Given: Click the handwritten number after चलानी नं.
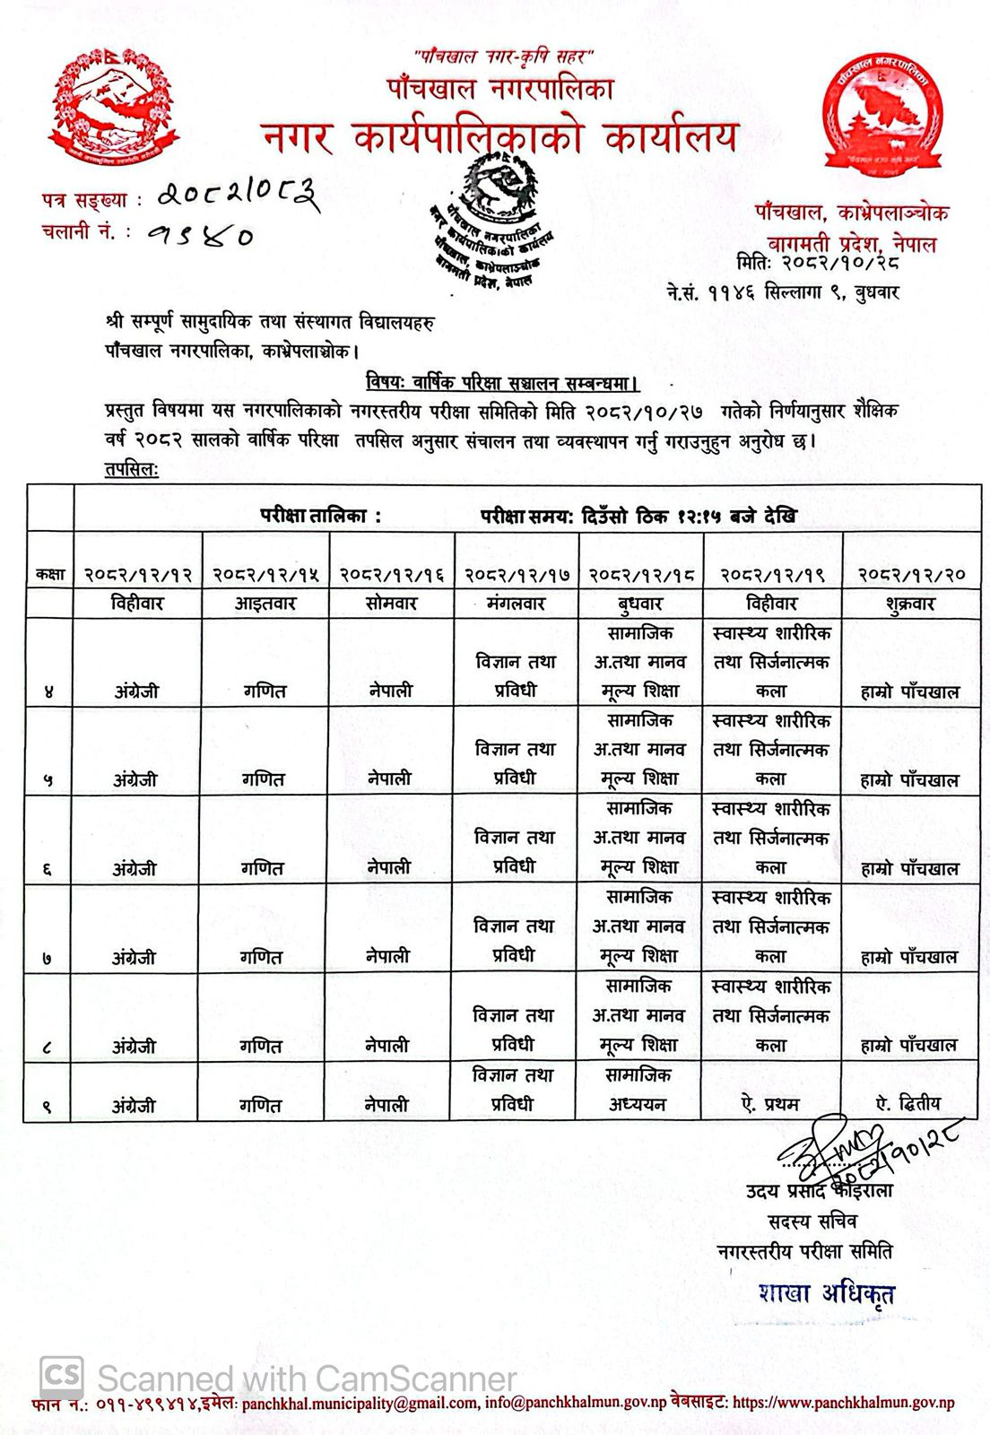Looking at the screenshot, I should coord(201,236).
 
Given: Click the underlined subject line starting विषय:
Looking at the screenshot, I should coord(502,384).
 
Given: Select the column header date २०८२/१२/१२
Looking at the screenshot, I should coord(138,574).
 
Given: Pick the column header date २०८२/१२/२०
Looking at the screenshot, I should coord(910,574).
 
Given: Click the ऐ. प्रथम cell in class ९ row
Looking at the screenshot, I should coord(770,1104).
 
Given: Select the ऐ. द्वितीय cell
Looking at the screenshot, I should coord(908,1104).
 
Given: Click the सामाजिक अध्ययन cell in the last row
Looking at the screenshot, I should coord(638,1090).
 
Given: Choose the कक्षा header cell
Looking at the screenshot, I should coord(50,574).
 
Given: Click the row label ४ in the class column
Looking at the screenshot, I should coord(48,692).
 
